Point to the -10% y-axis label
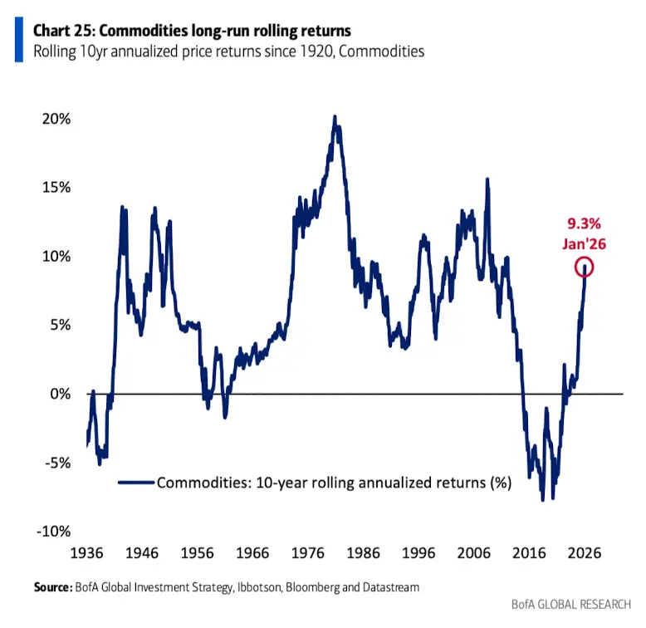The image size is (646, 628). click(x=51, y=531)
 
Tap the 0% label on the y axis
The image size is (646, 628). click(x=58, y=393)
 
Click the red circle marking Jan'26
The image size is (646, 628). click(x=585, y=267)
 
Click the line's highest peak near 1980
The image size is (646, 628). click(x=334, y=117)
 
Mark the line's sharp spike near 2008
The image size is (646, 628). click(x=487, y=179)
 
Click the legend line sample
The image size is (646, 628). click(x=137, y=481)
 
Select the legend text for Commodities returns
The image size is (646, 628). click(x=333, y=481)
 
